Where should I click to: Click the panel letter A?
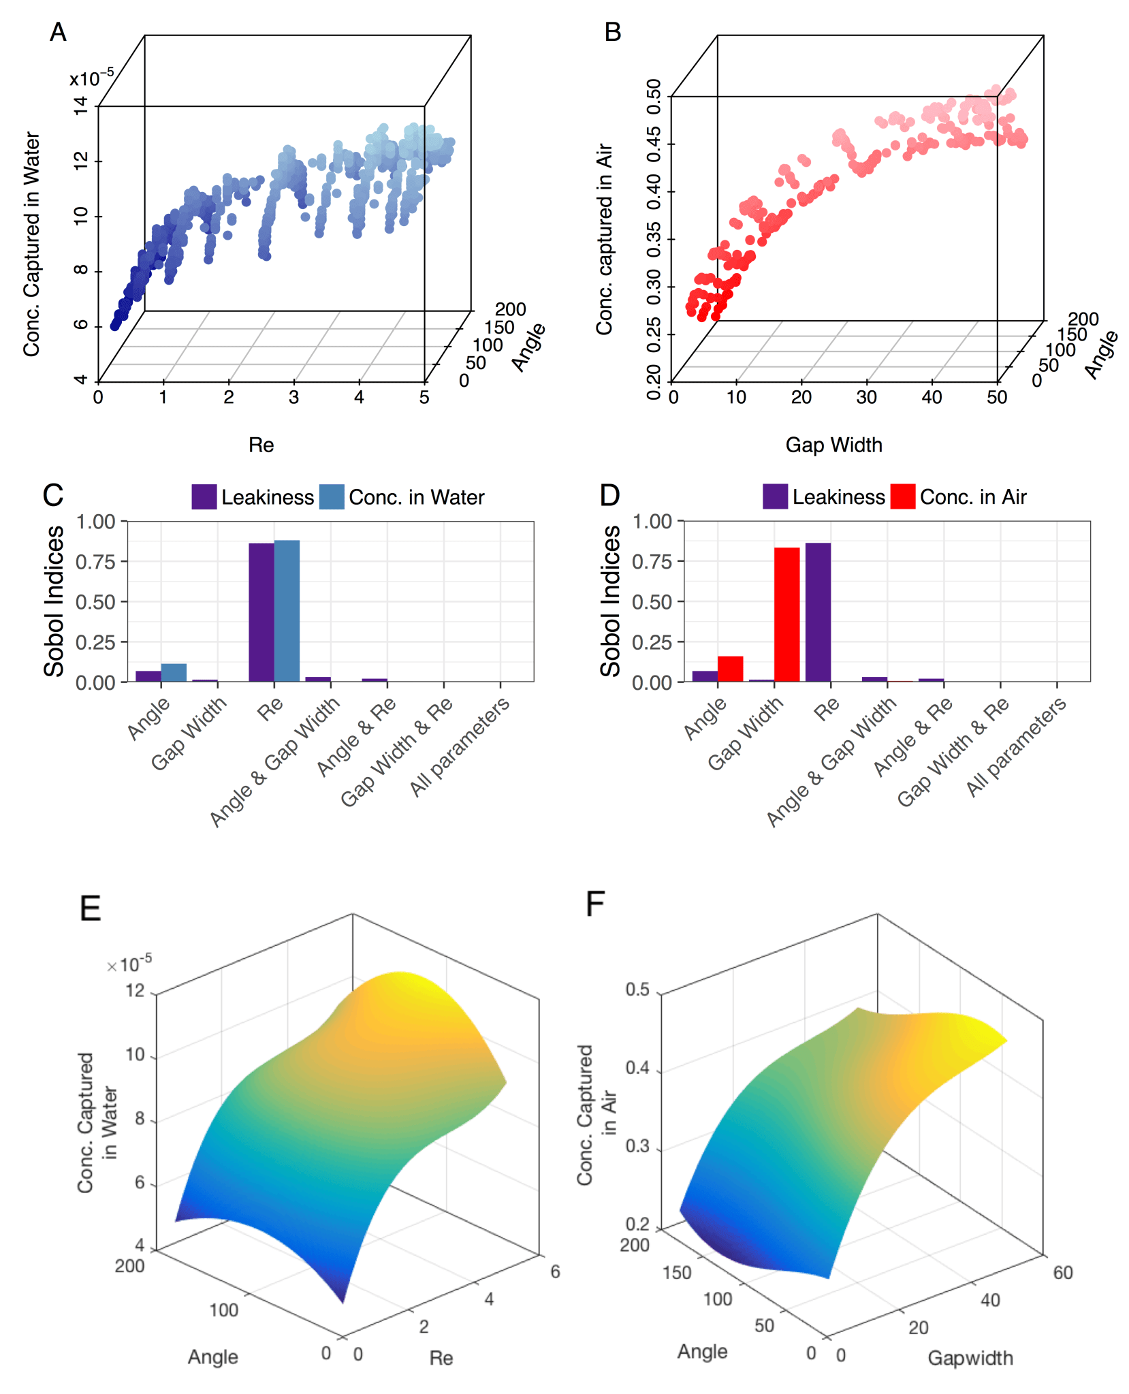pos(59,32)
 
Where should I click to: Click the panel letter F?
pos(595,905)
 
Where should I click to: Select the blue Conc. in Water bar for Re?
pos(287,610)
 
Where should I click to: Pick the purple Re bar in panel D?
pos(818,612)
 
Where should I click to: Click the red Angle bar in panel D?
pos(730,668)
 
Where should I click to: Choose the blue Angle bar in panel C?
pos(174,672)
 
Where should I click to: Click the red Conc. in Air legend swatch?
pos(903,496)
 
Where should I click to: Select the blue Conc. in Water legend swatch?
pos(332,496)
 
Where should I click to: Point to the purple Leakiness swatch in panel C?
pos(204,496)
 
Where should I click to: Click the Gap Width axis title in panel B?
pos(833,445)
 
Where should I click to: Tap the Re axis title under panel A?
pos(261,445)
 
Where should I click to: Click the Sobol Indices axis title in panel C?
pos(54,601)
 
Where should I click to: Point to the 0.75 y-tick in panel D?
pos(652,562)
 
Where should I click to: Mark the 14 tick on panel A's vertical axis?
pos(81,106)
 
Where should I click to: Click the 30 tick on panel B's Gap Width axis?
pos(866,397)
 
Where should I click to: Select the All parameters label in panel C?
pos(460,746)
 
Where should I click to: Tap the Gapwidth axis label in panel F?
pos(970,1358)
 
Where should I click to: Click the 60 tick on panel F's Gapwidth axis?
pos(1063,1272)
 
